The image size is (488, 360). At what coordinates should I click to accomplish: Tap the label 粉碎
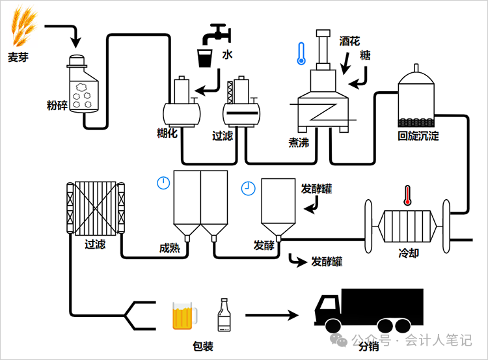[57, 105]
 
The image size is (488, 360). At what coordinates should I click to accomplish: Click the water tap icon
[215, 33]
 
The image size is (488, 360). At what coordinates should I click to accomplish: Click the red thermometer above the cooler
[408, 195]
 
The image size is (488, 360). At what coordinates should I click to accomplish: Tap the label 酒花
[349, 40]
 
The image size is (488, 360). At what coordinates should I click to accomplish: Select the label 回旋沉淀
[418, 136]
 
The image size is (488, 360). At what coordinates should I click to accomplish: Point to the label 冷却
[409, 252]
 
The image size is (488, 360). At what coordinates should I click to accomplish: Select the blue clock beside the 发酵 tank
[248, 188]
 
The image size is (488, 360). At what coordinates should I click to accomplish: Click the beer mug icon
[183, 315]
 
